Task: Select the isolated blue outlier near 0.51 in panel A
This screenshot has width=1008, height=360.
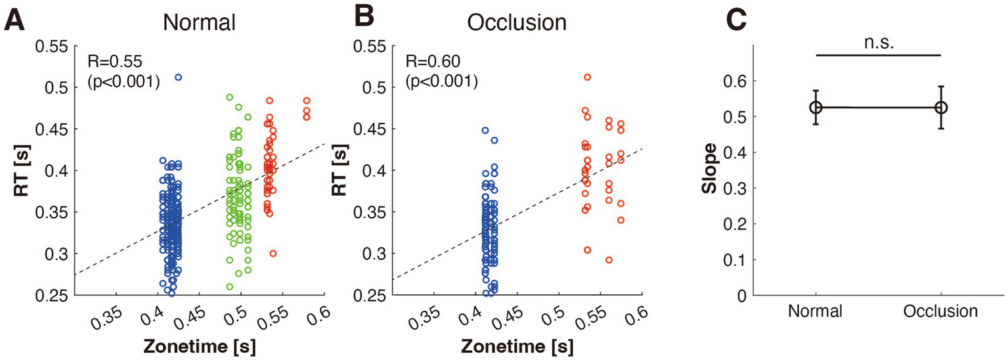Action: tap(178, 78)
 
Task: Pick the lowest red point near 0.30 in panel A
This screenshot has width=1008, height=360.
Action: tap(273, 254)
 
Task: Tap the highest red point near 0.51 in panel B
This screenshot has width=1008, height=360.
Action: tap(587, 78)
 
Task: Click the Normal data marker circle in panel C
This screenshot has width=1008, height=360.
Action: tap(816, 107)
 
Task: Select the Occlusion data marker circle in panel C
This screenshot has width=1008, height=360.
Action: tap(941, 107)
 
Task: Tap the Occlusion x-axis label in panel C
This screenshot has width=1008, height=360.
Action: tap(940, 311)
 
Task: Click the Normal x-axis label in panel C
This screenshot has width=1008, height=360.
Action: tap(815, 311)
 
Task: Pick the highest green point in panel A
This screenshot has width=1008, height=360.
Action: tap(230, 97)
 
